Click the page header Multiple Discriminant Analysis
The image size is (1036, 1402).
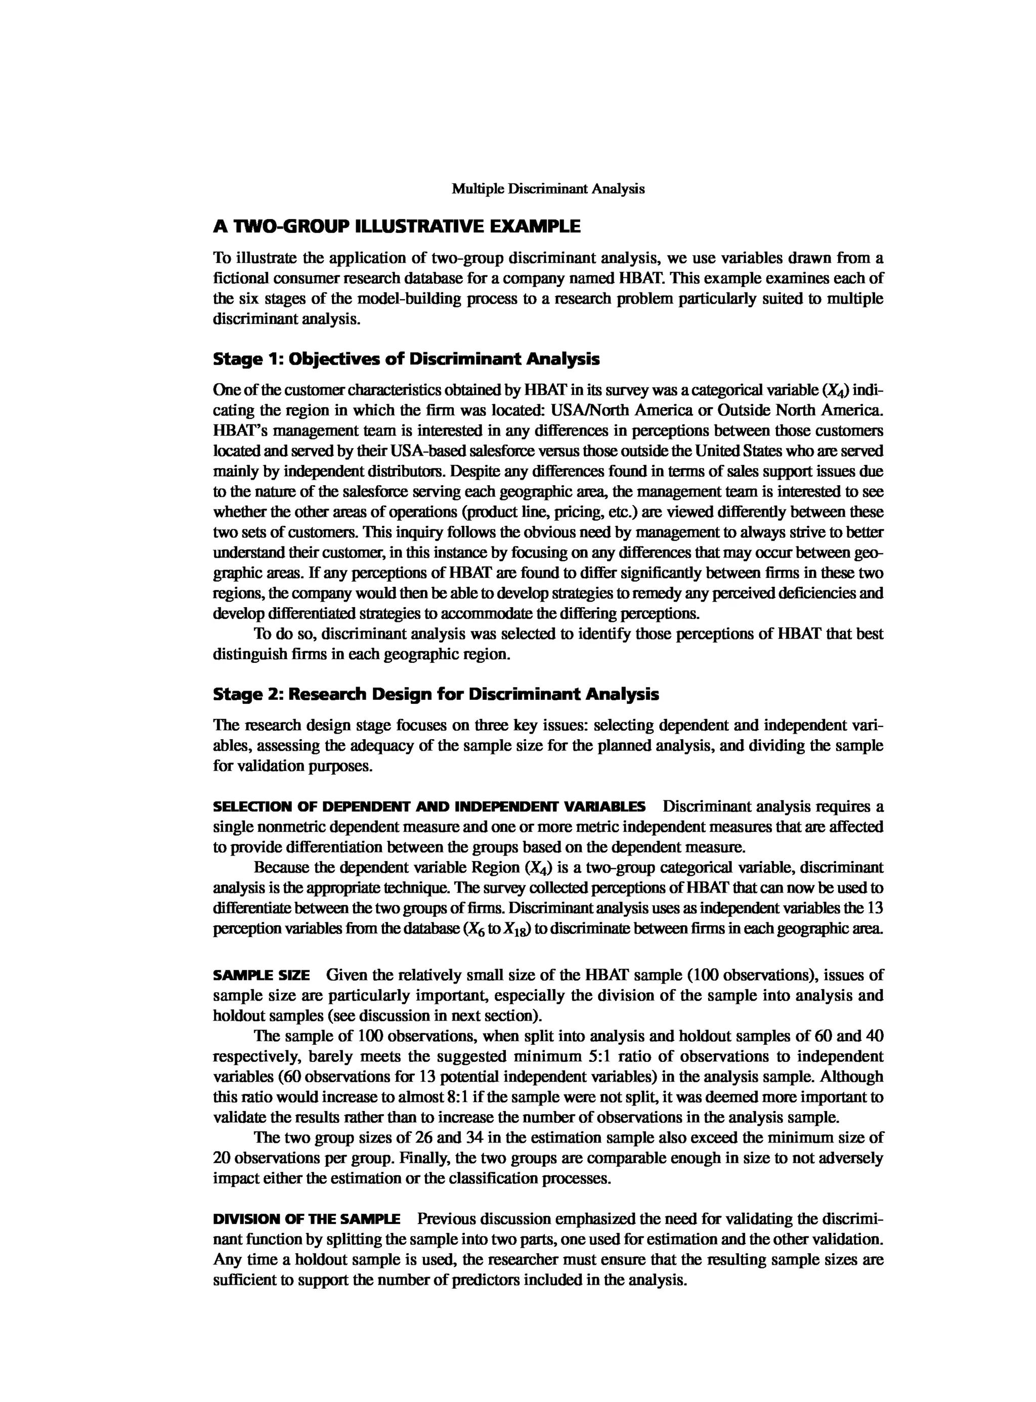coord(548,189)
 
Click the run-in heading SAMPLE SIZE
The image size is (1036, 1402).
coord(261,975)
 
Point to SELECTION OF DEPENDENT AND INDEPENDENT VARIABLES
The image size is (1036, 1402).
coord(429,806)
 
